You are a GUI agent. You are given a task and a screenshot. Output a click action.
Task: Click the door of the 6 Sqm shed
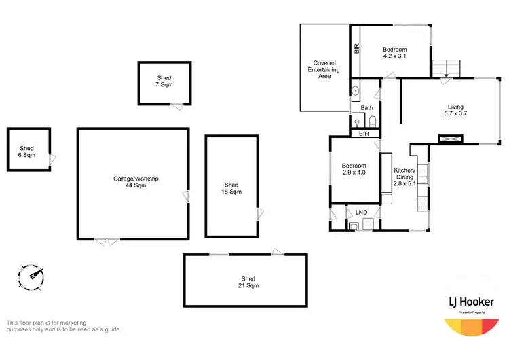click(52, 158)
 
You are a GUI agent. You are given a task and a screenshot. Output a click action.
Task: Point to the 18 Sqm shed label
click(231, 188)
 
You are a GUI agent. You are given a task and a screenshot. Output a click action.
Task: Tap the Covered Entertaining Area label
click(324, 69)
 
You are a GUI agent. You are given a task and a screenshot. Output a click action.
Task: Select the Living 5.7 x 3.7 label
click(455, 110)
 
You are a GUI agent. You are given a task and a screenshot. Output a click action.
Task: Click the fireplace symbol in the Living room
click(450, 139)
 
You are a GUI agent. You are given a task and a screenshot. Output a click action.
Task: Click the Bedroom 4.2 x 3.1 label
click(394, 53)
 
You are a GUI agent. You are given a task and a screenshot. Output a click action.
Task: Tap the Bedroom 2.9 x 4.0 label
click(354, 170)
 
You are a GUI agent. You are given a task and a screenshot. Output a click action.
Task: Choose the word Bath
click(366, 108)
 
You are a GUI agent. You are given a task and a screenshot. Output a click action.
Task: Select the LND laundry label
click(361, 213)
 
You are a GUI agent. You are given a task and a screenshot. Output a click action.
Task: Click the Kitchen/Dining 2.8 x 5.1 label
click(404, 177)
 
